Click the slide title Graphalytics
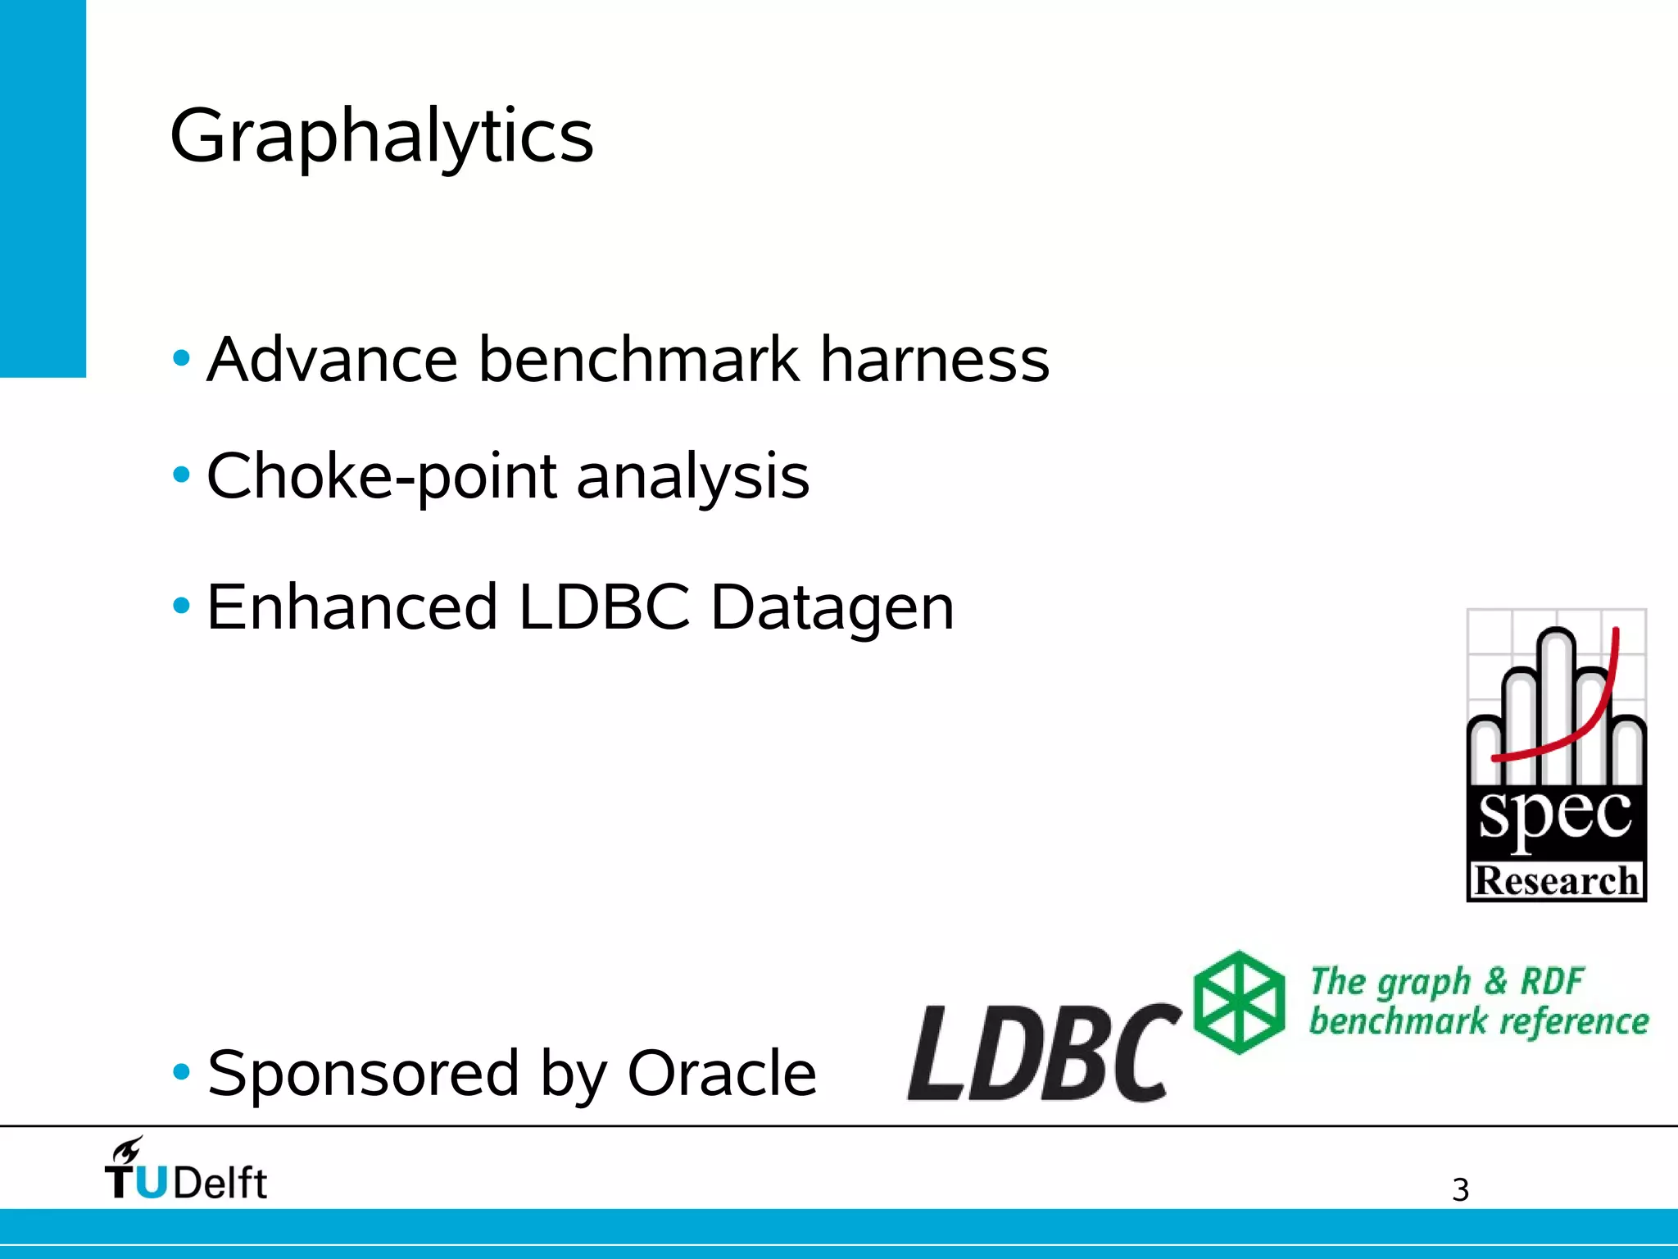[x=382, y=137]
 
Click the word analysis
[x=693, y=476]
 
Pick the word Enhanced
[x=352, y=607]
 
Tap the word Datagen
[x=832, y=607]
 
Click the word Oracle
[x=722, y=1073]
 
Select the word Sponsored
[x=364, y=1073]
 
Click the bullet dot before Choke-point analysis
[x=182, y=475]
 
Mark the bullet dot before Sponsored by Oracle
[x=182, y=1071]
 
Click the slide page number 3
[x=1460, y=1190]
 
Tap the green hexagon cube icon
[x=1239, y=1002]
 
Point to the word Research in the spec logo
[x=1556, y=881]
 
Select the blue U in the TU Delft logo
[x=152, y=1183]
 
